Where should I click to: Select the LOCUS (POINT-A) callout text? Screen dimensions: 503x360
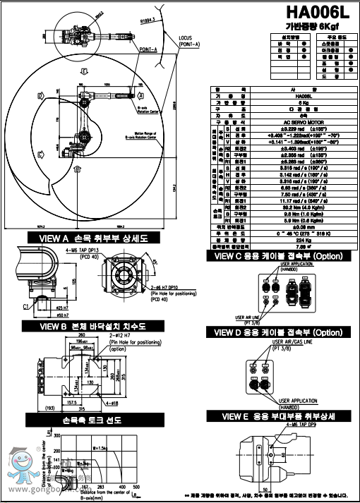click(188, 41)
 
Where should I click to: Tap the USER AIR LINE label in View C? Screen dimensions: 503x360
click(256, 317)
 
